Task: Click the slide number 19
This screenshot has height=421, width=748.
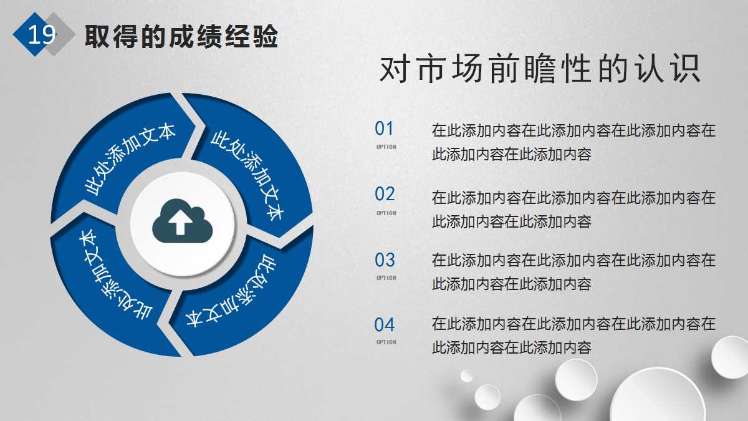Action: pos(42,34)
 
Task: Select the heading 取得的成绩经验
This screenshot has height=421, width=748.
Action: pos(181,37)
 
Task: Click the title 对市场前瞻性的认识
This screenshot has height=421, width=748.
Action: pos(540,70)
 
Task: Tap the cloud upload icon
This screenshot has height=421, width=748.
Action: pos(182,221)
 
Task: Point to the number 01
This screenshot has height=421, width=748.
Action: pos(385,129)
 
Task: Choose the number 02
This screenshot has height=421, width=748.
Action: pos(385,194)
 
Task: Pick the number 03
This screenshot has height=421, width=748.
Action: pos(385,259)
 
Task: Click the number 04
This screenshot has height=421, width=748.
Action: pos(385,325)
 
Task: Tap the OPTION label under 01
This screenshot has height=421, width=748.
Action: pos(386,147)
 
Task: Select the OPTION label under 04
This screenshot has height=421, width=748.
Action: pos(386,342)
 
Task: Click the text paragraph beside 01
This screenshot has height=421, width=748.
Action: pos(573,142)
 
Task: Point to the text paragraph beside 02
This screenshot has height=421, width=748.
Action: pos(573,210)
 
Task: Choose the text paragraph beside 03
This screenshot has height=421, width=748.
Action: pos(573,272)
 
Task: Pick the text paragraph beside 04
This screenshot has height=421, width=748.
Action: pos(573,336)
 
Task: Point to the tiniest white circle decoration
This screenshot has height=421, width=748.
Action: pos(466,375)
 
